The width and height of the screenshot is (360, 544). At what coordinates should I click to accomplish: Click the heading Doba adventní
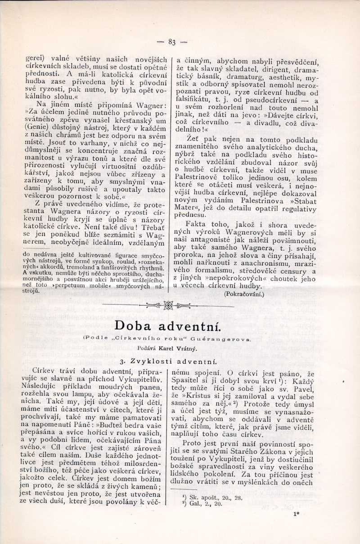(167, 325)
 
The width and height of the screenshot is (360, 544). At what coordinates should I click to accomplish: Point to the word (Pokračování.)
(244, 294)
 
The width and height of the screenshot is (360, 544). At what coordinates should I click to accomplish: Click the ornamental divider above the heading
(168, 306)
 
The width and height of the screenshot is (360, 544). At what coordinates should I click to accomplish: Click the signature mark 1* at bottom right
(297, 526)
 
